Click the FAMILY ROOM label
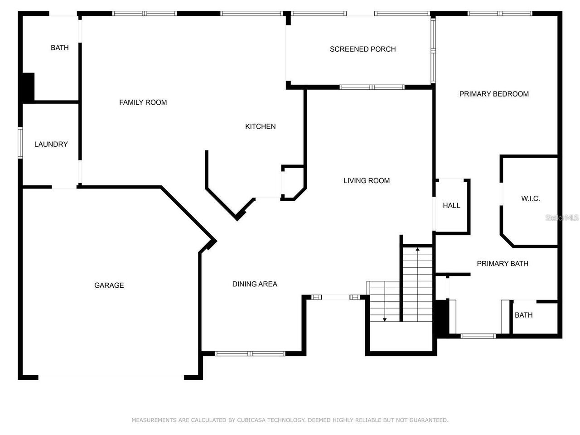coord(143,102)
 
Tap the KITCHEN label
coord(260,126)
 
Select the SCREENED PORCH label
coord(362,49)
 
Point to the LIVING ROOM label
coord(366,181)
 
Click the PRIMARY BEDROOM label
coord(493,94)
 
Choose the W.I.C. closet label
coord(530,198)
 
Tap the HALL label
coord(451,205)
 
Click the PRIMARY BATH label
coord(502,263)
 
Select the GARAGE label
coord(109,285)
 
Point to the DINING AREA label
coord(255,284)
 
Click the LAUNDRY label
coord(51,144)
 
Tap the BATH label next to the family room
coord(59,48)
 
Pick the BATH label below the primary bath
coord(523,315)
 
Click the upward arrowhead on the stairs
coord(417,249)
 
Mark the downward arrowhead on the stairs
coord(384,320)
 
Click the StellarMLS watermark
coord(562,217)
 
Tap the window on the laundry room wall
coord(20,143)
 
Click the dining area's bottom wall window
coord(250,353)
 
